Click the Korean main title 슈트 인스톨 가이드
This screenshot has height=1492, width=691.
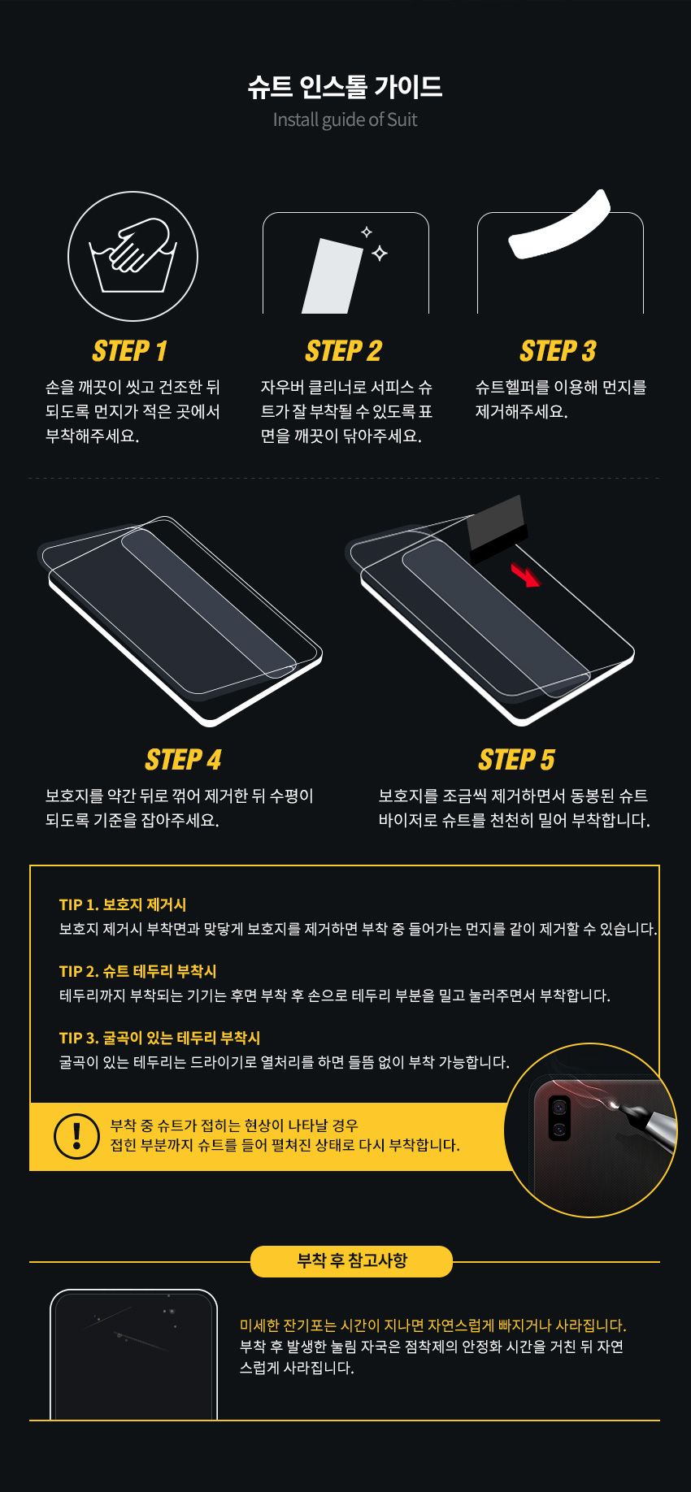pos(345,86)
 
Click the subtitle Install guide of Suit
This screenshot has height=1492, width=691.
pos(345,119)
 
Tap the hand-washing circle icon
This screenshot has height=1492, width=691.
pos(133,256)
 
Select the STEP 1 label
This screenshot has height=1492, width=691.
pos(130,351)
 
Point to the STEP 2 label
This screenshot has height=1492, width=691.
pos(344,351)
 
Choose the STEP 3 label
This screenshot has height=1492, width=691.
pos(558,351)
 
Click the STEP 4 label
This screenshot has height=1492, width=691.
pos(184,760)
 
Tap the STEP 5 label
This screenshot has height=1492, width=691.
pos(517,760)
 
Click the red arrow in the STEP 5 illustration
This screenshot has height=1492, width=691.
pos(525,575)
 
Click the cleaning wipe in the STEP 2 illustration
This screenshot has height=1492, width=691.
pos(332,276)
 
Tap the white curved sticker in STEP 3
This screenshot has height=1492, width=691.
pos(559,224)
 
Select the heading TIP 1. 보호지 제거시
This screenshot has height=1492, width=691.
pos(123,904)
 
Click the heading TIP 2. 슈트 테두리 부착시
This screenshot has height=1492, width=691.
pos(138,971)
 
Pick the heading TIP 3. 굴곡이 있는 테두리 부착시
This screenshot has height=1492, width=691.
pos(159,1038)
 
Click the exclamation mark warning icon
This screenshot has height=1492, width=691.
pos(76,1136)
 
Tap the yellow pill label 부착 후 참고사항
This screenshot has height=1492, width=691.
pos(351,1261)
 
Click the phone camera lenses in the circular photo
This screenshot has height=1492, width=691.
pos(559,1118)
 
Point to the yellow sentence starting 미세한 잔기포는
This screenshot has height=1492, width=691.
pos(433,1325)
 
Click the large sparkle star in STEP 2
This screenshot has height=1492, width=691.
pos(380,254)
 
